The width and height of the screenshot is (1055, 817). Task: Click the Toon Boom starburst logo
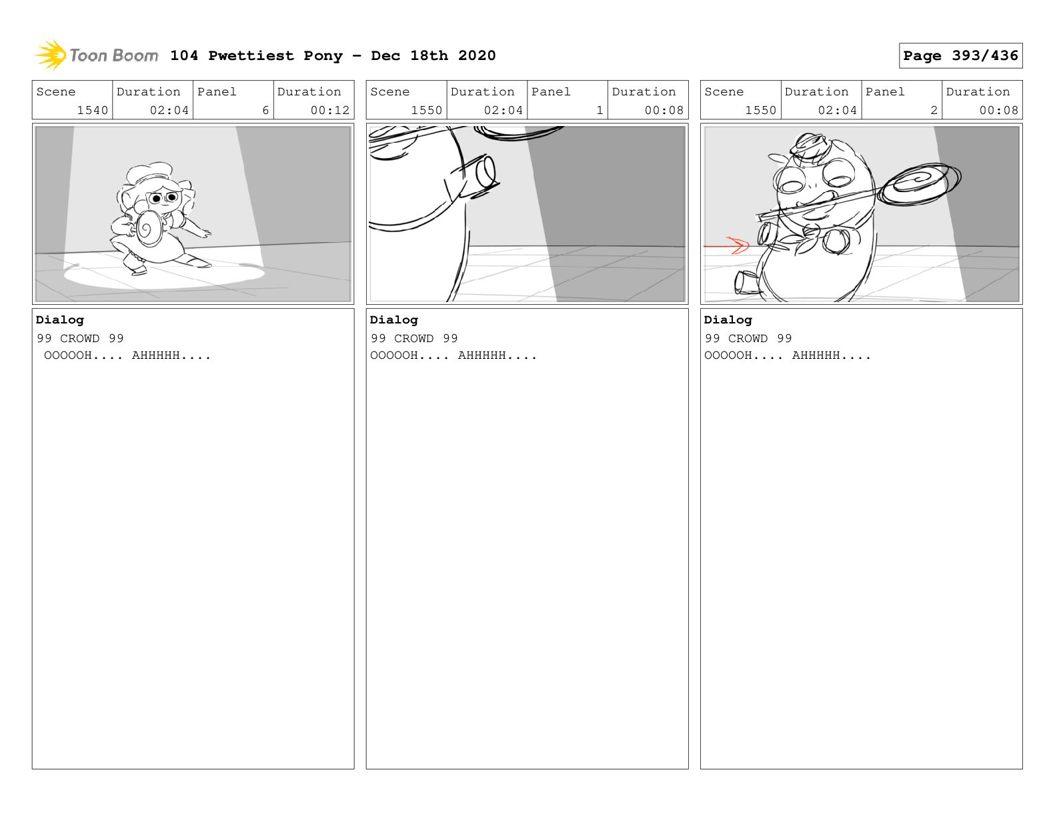pos(51,55)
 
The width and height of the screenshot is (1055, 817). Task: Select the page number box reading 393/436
pos(960,55)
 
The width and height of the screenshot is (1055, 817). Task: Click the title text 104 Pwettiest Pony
pos(256,55)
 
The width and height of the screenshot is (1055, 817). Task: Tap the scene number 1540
pos(92,110)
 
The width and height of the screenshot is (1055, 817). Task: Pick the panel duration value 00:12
pos(330,110)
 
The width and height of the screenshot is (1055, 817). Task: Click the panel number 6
pos(265,110)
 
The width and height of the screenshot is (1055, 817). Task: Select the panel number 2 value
pos(934,110)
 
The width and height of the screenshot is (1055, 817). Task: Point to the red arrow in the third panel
pos(726,245)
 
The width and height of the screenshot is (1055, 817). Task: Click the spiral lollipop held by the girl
pos(149,229)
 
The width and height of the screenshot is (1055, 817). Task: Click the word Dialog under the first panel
pos(60,320)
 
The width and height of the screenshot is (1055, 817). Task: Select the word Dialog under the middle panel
pos(393,320)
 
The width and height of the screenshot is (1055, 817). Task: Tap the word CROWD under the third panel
pos(748,338)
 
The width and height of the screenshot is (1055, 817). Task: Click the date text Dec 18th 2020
pos(433,55)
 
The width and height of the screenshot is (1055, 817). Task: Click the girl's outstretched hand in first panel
pos(206,234)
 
